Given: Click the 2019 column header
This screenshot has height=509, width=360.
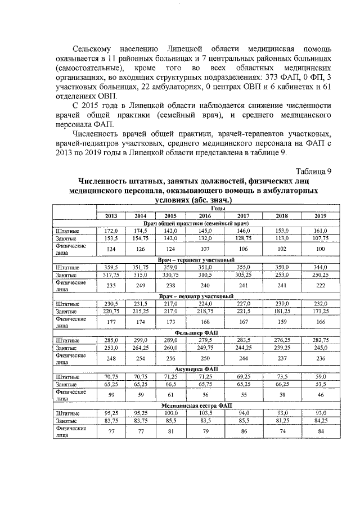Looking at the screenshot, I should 321,216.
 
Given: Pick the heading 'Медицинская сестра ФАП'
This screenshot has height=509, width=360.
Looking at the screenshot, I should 202,406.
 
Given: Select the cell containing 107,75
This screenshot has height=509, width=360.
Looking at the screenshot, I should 321,238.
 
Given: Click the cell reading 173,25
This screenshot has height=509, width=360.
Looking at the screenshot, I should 321,310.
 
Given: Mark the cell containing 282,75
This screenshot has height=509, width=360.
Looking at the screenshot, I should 321,340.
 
